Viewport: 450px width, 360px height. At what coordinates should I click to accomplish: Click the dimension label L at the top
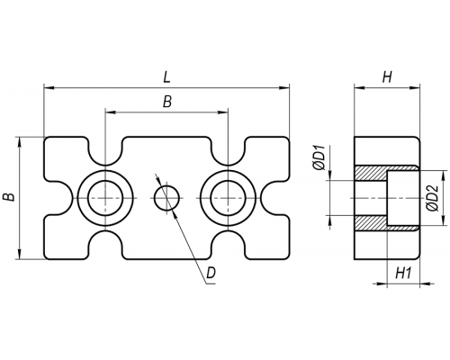pyautogui.click(x=166, y=77)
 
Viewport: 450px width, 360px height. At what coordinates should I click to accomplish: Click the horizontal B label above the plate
pyautogui.click(x=167, y=102)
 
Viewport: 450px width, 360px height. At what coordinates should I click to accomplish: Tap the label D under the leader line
pyautogui.click(x=211, y=273)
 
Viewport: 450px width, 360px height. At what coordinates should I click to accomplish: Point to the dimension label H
pyautogui.click(x=387, y=77)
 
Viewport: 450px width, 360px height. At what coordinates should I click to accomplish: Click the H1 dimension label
pyautogui.click(x=403, y=274)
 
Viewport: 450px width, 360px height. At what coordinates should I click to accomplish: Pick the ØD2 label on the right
pyautogui.click(x=433, y=198)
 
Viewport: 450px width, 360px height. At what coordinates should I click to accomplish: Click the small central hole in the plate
pyautogui.click(x=167, y=198)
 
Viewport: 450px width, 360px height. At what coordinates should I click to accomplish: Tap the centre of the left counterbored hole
pyautogui.click(x=105, y=198)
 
